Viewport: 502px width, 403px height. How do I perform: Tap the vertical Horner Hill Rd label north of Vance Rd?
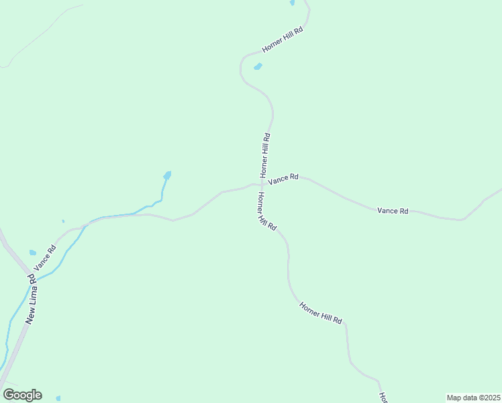click(266, 154)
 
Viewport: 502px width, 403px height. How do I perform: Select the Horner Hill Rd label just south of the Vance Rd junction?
click(266, 212)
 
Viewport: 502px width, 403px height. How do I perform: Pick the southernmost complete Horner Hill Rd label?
click(321, 313)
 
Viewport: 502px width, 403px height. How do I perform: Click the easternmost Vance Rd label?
click(393, 210)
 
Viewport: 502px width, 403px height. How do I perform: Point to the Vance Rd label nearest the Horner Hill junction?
click(283, 179)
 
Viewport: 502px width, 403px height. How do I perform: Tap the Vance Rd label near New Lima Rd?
click(46, 258)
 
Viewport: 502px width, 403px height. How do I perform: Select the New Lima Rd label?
click(30, 299)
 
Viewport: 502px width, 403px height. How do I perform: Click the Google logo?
click(23, 395)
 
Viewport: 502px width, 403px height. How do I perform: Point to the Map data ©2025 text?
click(473, 398)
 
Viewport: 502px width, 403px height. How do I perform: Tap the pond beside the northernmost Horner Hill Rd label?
click(258, 66)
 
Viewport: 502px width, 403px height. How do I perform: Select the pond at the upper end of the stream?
click(167, 176)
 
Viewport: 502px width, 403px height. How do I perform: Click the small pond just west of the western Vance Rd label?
click(32, 253)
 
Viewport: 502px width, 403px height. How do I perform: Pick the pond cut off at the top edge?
click(292, 3)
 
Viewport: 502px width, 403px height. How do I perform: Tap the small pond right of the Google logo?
click(58, 398)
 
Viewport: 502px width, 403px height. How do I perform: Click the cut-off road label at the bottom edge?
click(383, 398)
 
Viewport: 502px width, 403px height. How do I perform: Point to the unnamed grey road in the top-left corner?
click(40, 34)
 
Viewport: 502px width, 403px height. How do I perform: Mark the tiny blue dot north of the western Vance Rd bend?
click(63, 221)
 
